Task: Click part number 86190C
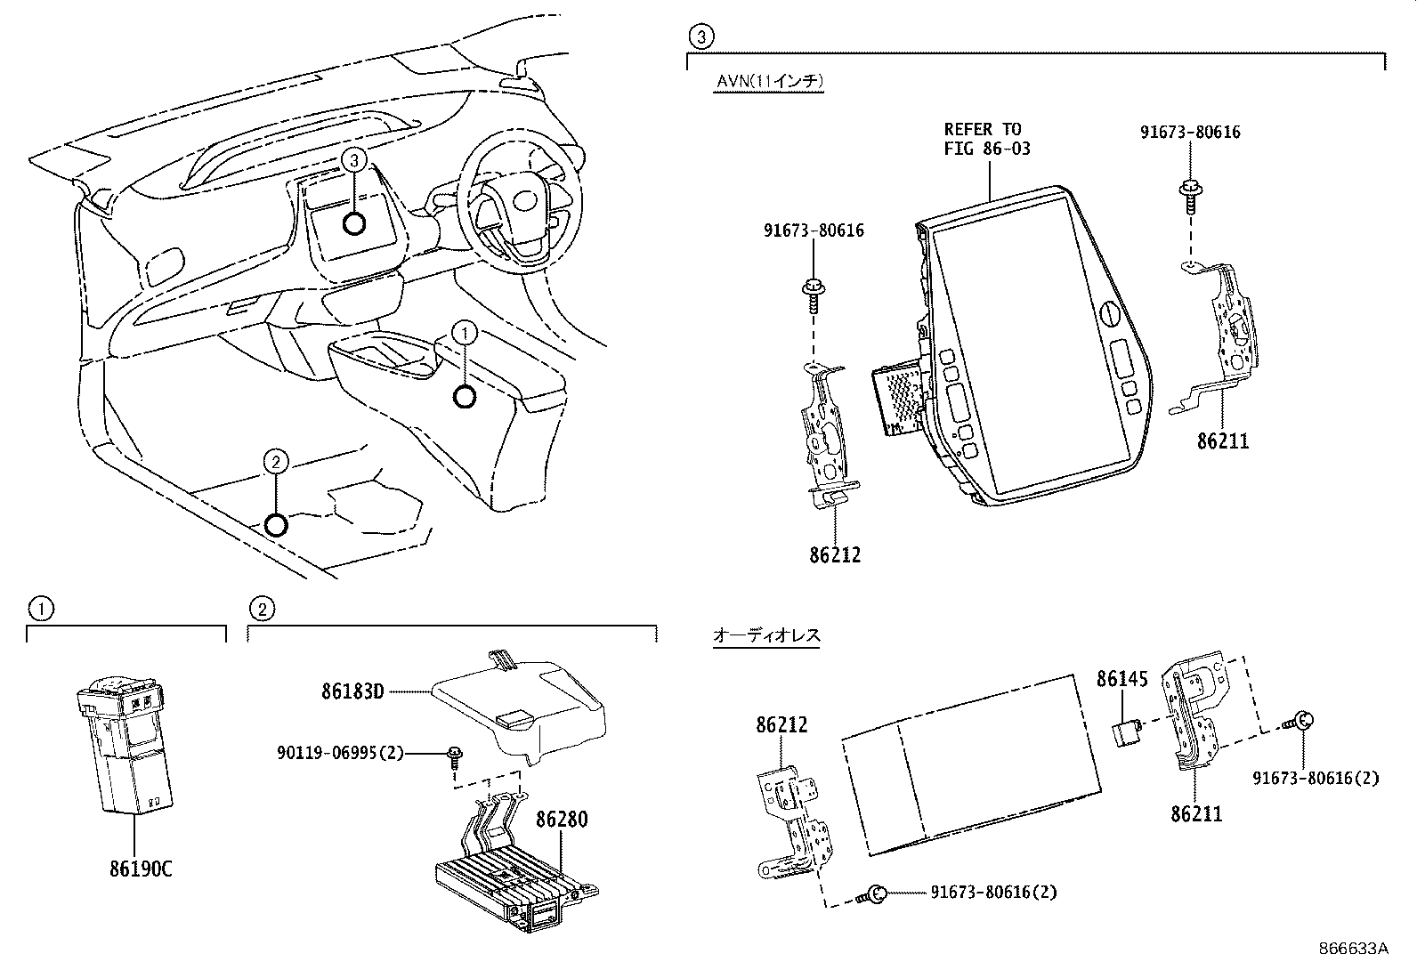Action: tap(135, 869)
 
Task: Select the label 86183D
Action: tap(352, 691)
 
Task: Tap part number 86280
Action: tap(562, 819)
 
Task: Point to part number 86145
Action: tap(1121, 680)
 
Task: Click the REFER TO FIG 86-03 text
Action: tap(986, 140)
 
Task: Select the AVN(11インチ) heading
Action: tap(770, 81)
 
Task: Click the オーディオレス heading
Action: tap(765, 635)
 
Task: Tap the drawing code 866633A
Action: tap(1353, 948)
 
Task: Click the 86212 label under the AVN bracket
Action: tap(835, 555)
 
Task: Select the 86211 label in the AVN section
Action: tap(1222, 441)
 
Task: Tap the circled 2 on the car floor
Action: tap(277, 461)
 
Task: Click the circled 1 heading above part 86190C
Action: tap(40, 609)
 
